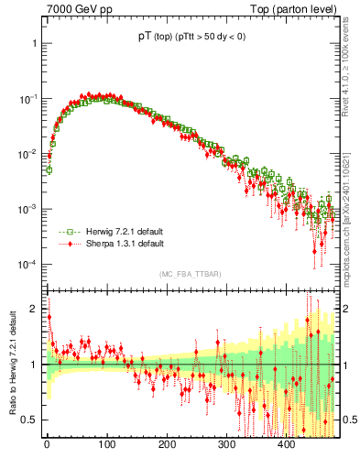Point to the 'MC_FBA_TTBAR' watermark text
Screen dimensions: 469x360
tap(190, 274)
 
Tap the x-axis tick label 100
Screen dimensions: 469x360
tap(106, 446)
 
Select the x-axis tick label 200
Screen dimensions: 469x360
tap(167, 446)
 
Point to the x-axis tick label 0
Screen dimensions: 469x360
tap(47, 446)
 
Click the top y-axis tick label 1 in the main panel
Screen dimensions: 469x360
tap(35, 43)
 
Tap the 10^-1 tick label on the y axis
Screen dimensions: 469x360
tap(28, 98)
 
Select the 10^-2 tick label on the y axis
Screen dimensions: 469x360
tap(28, 154)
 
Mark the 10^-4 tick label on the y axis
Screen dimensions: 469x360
tap(28, 265)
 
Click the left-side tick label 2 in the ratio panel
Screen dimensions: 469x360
tap(35, 309)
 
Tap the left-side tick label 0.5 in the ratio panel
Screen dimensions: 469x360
tap(29, 420)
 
